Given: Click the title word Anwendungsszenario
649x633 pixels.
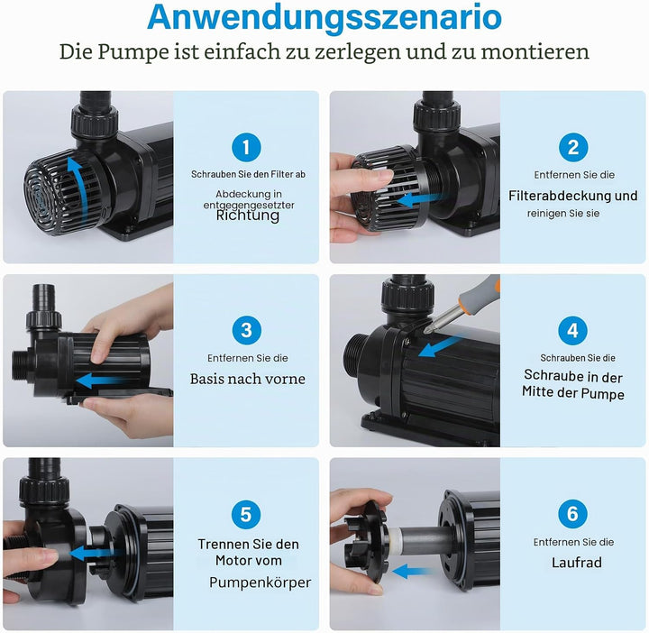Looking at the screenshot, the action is click(x=324, y=17).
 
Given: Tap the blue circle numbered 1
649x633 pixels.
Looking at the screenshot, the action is click(x=246, y=147).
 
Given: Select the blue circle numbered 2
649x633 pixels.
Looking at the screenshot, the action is click(x=573, y=147).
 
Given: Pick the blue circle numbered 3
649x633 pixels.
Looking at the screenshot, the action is click(x=247, y=330).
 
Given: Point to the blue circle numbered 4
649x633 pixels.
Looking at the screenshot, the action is click(x=573, y=330).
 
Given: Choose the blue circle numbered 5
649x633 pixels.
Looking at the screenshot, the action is click(x=246, y=514).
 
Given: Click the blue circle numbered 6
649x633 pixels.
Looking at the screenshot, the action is click(x=573, y=514).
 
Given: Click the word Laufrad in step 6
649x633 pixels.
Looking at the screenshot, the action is click(x=577, y=563).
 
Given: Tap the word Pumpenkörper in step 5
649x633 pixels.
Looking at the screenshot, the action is click(x=260, y=583).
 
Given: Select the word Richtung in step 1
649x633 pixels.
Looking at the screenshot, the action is click(x=248, y=216).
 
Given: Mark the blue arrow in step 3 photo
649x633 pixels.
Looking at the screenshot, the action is click(x=100, y=381).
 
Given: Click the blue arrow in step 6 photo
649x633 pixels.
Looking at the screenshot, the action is click(x=412, y=572).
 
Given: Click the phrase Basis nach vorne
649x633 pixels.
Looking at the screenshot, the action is click(x=248, y=379).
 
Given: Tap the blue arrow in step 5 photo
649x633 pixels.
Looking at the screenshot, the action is click(x=93, y=553).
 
